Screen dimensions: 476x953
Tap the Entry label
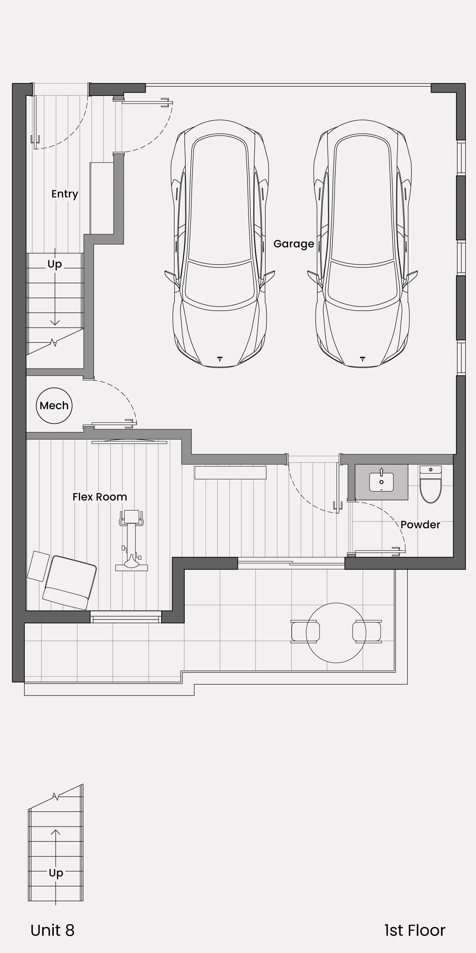(65, 194)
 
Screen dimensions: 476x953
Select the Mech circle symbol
(54, 405)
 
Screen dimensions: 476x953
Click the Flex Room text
(100, 497)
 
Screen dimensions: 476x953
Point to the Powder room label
(420, 524)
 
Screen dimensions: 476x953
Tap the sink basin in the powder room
(381, 482)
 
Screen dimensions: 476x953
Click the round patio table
(336, 632)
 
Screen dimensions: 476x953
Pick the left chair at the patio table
(305, 632)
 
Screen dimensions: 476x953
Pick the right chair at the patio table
(367, 632)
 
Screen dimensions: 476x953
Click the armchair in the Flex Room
(70, 582)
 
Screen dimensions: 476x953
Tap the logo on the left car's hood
(220, 358)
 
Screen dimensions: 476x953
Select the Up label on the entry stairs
(55, 264)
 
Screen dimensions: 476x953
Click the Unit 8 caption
(52, 930)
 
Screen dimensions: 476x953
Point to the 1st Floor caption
(415, 930)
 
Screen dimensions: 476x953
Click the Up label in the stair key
(56, 873)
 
